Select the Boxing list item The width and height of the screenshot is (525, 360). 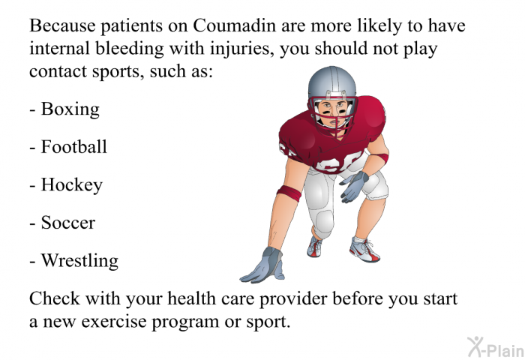(x=64, y=109)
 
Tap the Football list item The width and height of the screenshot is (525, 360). (x=68, y=147)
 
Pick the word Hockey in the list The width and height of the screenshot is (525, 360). (x=66, y=185)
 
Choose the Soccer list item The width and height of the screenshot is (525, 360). (x=62, y=223)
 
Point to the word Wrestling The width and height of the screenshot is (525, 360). (x=74, y=261)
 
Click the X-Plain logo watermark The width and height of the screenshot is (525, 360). (x=496, y=346)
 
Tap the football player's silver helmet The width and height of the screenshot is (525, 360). (x=331, y=82)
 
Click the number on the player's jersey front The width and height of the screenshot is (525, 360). (x=338, y=163)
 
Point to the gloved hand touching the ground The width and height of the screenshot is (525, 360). (x=265, y=265)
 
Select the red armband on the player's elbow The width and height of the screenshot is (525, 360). (x=289, y=193)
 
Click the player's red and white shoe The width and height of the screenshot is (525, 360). (x=364, y=250)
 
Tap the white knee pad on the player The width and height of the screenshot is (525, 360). (x=324, y=222)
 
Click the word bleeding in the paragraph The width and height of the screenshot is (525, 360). (x=130, y=49)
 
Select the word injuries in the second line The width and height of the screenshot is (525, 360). (x=240, y=49)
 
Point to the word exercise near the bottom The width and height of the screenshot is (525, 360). (x=114, y=322)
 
